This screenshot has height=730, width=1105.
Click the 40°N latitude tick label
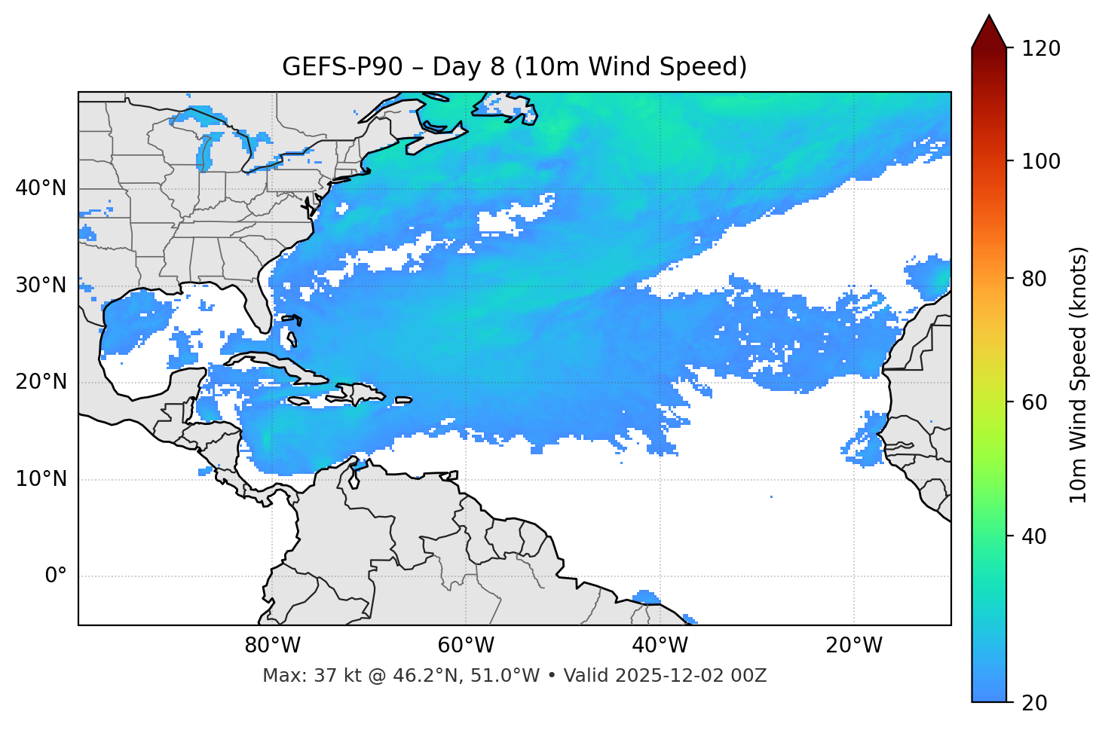[x=41, y=188]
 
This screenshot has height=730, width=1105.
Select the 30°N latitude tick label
[x=41, y=286]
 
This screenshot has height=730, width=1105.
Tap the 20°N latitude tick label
[x=41, y=382]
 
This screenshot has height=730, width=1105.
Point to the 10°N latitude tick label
[x=41, y=479]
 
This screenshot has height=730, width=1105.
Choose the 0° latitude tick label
[x=55, y=576]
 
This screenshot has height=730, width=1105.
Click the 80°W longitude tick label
[x=272, y=646]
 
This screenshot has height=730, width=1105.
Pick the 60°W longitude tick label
[x=466, y=646]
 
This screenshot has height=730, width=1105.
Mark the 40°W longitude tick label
[x=660, y=646]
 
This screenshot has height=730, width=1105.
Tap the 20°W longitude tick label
[x=854, y=646]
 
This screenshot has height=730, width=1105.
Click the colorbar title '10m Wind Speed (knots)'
[x=1079, y=374]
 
